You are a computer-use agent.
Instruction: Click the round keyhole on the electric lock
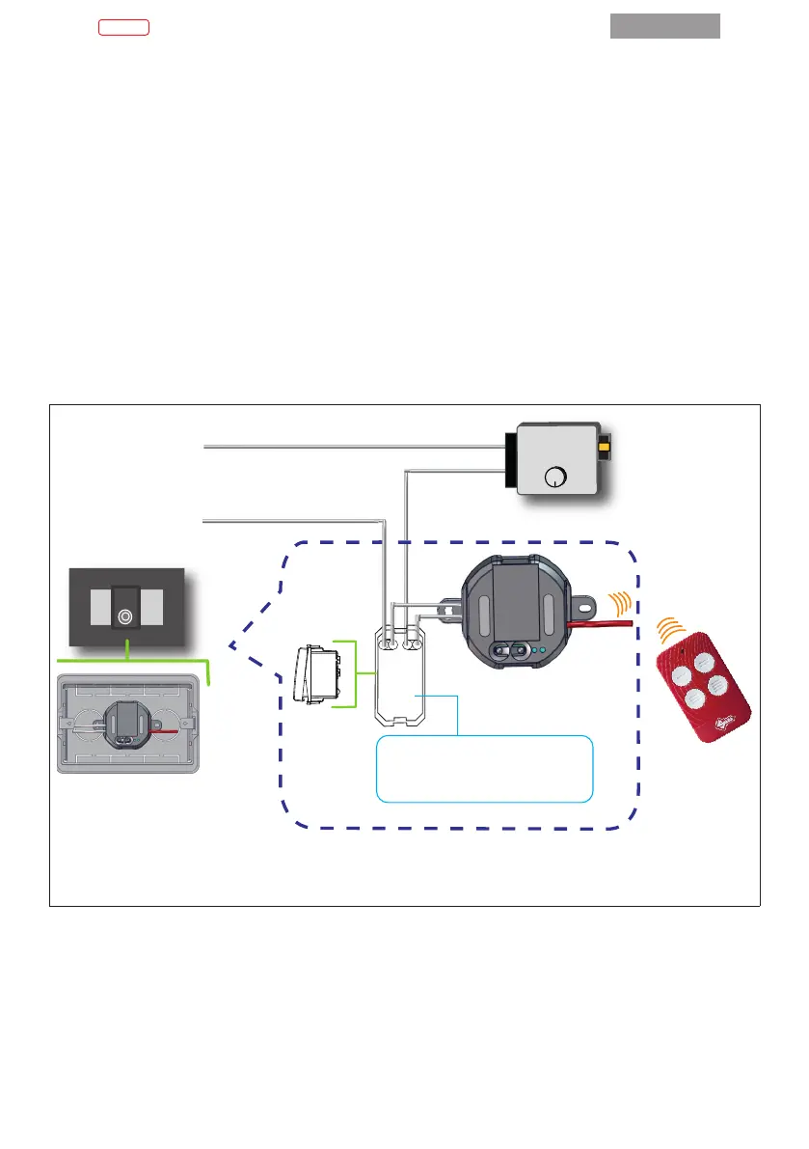tap(554, 476)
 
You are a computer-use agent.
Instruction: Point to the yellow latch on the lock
tap(605, 448)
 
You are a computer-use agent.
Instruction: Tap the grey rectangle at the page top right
tap(664, 26)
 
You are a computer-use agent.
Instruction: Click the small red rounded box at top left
tap(123, 27)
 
